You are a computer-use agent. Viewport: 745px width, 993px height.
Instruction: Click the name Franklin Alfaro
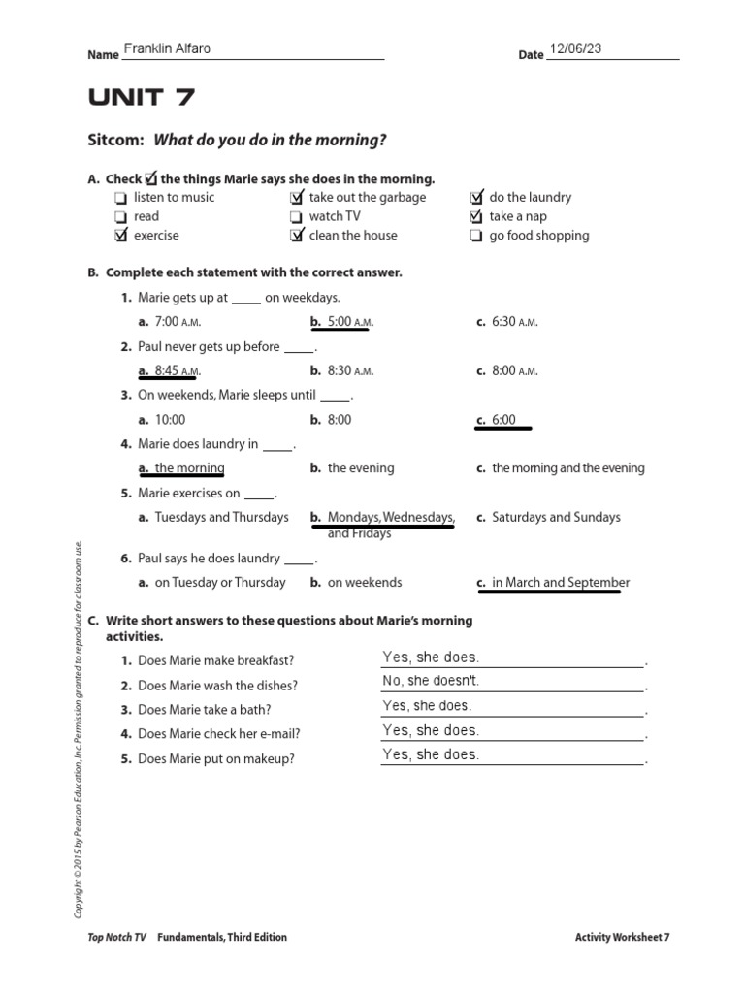[167, 49]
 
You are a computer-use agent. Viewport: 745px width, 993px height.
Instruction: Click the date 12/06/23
[575, 48]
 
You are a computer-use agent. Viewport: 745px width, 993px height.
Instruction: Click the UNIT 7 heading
[141, 97]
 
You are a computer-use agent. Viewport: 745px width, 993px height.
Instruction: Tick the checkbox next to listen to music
[120, 198]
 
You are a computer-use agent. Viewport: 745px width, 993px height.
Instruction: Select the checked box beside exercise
[120, 236]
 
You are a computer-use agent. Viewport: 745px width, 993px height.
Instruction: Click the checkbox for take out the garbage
[296, 198]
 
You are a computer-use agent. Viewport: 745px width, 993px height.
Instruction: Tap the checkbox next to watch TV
[296, 217]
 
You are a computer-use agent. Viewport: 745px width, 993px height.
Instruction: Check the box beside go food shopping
[475, 236]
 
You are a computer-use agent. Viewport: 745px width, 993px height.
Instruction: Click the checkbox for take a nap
[475, 217]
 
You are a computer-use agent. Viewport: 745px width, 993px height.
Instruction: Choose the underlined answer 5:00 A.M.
[341, 322]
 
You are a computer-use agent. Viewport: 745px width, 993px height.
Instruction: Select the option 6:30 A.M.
[513, 322]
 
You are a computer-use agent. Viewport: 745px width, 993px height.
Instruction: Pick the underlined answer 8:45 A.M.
[170, 370]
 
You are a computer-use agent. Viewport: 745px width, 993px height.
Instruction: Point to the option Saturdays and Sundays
[555, 517]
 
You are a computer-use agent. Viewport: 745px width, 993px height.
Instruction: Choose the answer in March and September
[560, 583]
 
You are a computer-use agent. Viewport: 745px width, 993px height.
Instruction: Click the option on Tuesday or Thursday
[219, 583]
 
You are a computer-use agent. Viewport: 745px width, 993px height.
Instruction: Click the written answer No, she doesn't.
[431, 681]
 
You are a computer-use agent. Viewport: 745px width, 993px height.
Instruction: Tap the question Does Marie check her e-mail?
[218, 734]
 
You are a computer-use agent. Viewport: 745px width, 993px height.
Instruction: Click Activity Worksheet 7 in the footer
[622, 937]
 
